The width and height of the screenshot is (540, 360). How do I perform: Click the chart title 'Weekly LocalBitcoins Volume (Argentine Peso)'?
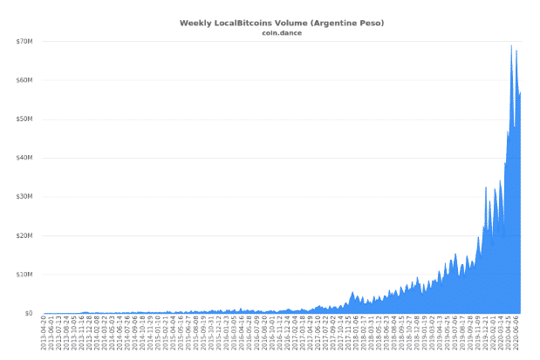coord(270,23)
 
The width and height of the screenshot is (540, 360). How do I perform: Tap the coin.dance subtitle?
coord(270,33)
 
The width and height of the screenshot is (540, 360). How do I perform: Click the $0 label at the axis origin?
coord(29,313)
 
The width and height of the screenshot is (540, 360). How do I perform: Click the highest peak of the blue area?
coord(511,45)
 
